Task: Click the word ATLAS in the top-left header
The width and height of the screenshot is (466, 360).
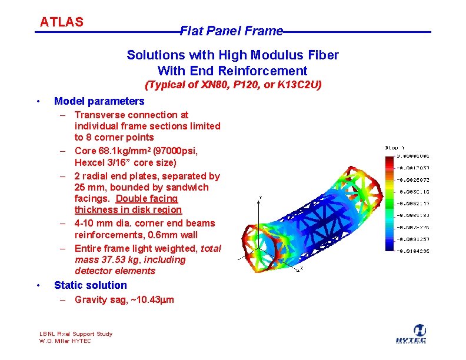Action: point(62,22)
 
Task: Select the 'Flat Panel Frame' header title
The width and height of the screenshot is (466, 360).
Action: point(231,31)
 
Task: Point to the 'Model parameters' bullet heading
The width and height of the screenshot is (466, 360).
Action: point(99,101)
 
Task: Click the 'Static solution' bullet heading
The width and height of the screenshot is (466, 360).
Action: point(90,285)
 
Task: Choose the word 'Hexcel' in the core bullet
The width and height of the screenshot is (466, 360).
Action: point(89,162)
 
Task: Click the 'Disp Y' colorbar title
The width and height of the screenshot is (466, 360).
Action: point(395,148)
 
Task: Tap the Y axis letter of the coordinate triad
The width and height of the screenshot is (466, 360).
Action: point(261,197)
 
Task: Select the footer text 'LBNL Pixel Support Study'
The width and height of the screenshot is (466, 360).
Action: point(75,334)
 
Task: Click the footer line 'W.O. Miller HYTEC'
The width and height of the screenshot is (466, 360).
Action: point(65,341)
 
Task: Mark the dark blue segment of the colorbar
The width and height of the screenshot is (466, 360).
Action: point(391,246)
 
